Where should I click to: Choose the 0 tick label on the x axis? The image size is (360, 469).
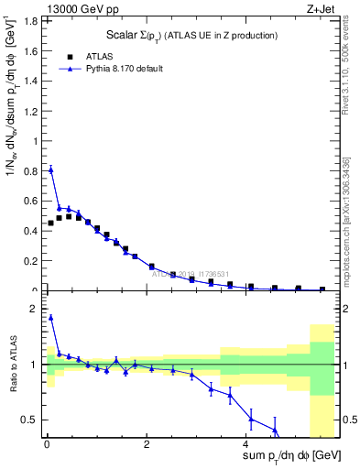point(47,444)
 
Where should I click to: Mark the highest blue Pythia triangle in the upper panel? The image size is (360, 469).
point(51,169)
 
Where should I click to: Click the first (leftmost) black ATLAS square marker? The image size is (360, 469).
point(51,223)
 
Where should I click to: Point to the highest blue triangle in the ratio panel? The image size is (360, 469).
point(51,318)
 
